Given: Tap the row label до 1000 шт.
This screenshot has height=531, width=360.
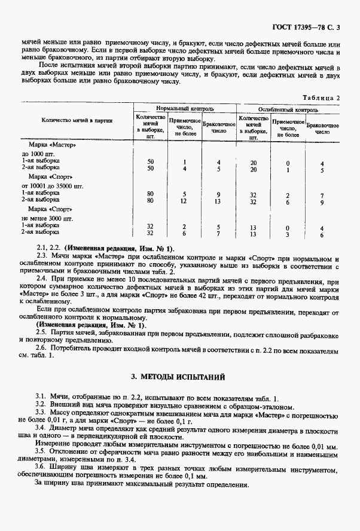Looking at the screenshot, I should click(38, 154).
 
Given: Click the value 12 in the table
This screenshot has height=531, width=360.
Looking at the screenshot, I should click(185, 201).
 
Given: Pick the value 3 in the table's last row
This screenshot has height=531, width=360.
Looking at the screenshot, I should click(288, 234).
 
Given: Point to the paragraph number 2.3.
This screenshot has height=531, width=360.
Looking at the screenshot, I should click(41, 255).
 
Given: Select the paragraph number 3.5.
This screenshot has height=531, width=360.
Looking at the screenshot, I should click(41, 453).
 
